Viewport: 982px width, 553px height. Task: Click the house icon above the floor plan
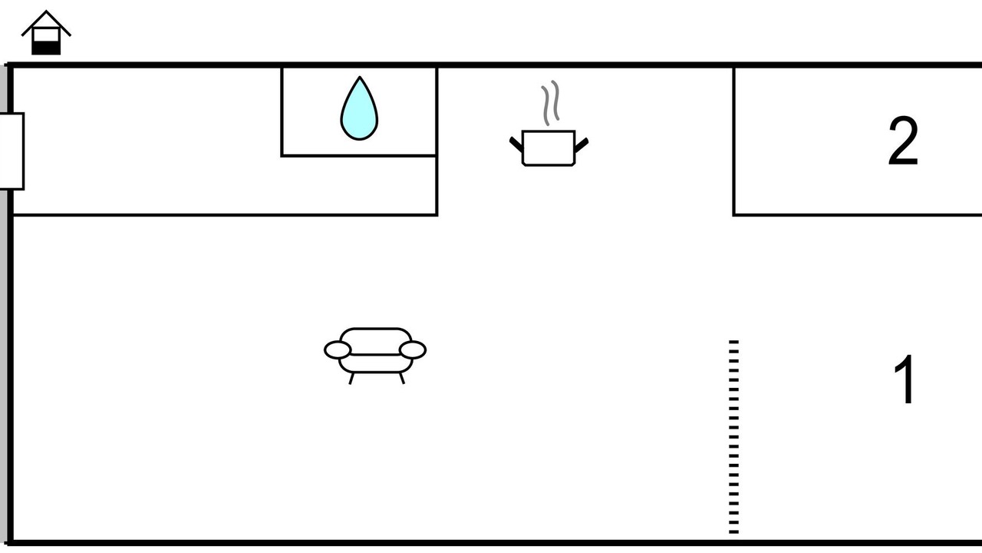(x=46, y=33)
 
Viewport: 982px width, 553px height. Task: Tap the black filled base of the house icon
(x=46, y=48)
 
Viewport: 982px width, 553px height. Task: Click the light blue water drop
(x=359, y=110)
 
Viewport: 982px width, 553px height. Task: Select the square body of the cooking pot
(x=549, y=148)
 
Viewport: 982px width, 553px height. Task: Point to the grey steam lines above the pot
(x=550, y=103)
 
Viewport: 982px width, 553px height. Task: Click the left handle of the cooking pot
(x=516, y=144)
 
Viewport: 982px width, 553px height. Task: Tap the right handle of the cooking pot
(x=582, y=145)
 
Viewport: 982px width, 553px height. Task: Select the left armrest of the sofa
(x=338, y=349)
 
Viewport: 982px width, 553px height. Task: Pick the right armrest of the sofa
(x=413, y=349)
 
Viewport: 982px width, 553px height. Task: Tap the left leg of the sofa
(x=351, y=379)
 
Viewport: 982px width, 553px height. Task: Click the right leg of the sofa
(x=401, y=379)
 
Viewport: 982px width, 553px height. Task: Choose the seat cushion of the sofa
(x=376, y=363)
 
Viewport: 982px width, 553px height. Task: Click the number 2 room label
(x=903, y=141)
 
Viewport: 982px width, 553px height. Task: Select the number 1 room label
(x=904, y=379)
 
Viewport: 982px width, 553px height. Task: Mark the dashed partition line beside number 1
(x=734, y=437)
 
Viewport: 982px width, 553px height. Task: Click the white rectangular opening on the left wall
(x=12, y=151)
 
